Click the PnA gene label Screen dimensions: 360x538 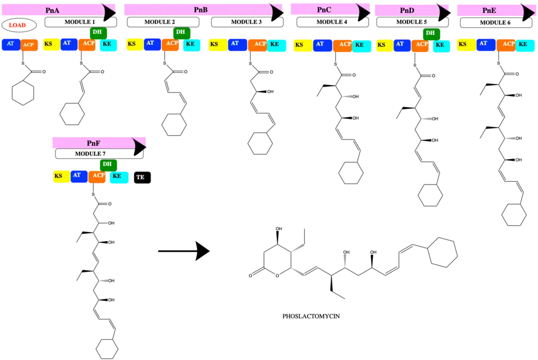[x=52, y=11]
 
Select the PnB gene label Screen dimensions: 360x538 [x=201, y=10]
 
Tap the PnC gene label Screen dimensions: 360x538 [x=324, y=10]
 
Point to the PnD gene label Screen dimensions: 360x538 [x=407, y=11]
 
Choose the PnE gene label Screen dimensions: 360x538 [x=489, y=10]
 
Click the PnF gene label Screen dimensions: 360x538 [x=94, y=143]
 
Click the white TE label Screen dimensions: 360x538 [x=140, y=177]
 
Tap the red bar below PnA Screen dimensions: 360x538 [x=17, y=25]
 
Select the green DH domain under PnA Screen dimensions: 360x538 [x=98, y=33]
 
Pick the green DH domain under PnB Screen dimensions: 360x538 [x=180, y=33]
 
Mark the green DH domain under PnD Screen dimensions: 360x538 [x=430, y=33]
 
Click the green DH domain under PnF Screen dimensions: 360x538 [x=108, y=165]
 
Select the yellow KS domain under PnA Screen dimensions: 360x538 [x=49, y=44]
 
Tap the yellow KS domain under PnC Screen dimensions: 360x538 [x=301, y=45]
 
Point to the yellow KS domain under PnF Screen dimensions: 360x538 [x=59, y=177]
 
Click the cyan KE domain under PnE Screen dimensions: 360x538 [x=524, y=45]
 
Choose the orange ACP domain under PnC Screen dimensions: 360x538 [x=344, y=45]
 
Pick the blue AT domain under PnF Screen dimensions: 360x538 [x=78, y=176]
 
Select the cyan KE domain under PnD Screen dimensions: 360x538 [x=440, y=45]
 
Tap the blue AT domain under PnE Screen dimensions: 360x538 [x=485, y=44]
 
